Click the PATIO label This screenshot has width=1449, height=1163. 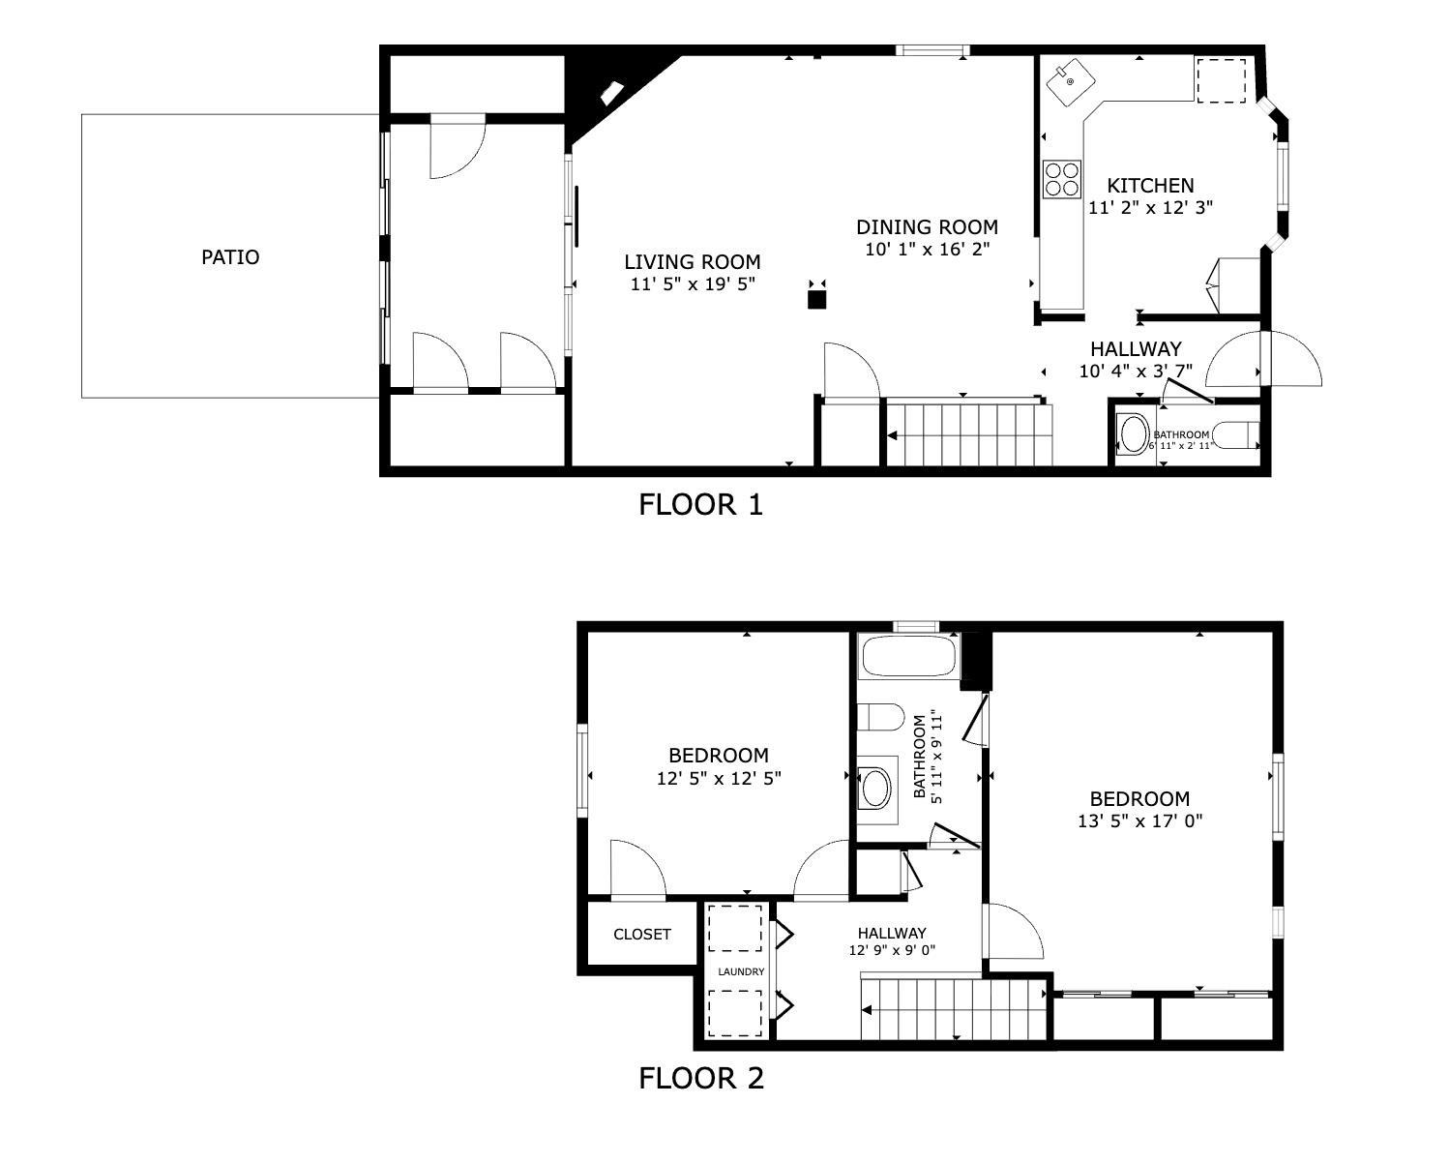tap(230, 257)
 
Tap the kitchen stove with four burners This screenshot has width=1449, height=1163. tap(1061, 178)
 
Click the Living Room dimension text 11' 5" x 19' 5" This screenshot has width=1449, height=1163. tap(692, 283)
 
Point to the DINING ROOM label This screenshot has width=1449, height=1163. tap(927, 227)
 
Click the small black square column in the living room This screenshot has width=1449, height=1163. tap(817, 299)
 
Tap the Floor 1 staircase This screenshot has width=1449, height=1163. tap(968, 434)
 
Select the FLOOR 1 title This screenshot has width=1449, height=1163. tap(700, 504)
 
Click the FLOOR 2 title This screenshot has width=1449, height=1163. tap(700, 1078)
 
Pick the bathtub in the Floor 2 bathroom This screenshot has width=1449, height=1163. tap(907, 657)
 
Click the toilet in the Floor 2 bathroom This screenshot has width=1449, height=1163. tap(879, 718)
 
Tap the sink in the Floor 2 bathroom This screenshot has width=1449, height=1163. tap(876, 788)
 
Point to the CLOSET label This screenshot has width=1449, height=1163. tap(641, 935)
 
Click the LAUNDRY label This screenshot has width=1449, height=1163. tap(741, 971)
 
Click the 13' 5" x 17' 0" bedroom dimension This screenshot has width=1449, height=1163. tap(1139, 821)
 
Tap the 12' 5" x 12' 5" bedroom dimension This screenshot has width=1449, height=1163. tap(718, 778)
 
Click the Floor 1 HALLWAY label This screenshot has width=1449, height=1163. tap(1136, 349)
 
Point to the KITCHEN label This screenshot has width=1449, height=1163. tap(1150, 185)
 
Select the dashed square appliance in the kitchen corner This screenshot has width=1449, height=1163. tap(1222, 80)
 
